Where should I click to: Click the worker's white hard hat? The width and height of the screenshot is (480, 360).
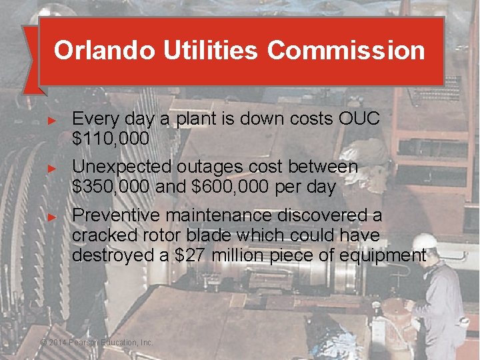(425, 241)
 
